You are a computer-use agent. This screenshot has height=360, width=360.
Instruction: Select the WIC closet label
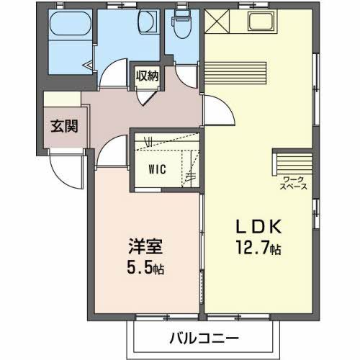158,170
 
